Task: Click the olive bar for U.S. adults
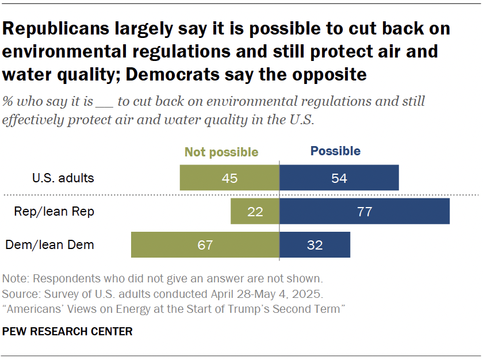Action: coord(207,178)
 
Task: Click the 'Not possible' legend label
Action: coord(221,152)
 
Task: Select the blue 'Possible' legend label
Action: coord(335,151)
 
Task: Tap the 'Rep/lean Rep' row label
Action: coord(54,212)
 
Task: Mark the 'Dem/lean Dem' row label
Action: coord(50,245)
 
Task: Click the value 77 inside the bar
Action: coord(364,212)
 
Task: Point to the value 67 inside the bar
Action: coord(205,245)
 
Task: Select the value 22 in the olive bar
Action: coord(255,212)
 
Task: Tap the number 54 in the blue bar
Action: coord(339,178)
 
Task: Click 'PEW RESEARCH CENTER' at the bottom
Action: coord(68,332)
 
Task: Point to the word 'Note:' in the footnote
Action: coord(16,279)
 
